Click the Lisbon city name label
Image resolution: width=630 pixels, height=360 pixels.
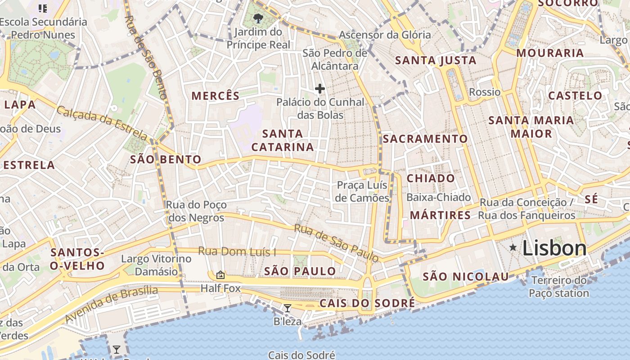tap(554, 248)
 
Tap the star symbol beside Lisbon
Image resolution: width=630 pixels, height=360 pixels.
tap(513, 247)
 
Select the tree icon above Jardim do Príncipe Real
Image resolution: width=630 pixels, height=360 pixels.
tap(258, 18)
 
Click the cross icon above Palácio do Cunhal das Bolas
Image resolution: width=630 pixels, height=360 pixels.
tap(320, 89)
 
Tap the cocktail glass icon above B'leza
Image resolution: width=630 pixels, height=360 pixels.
tap(288, 308)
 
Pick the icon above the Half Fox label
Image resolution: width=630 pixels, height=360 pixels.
tap(220, 274)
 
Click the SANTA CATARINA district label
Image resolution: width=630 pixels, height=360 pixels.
tap(283, 140)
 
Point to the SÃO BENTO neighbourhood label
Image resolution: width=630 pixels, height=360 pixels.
tap(166, 159)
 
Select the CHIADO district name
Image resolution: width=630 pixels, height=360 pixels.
tap(431, 178)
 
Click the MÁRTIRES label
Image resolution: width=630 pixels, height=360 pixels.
tap(440, 215)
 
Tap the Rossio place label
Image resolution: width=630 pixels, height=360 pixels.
tap(485, 92)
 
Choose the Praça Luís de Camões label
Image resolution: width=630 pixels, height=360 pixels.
tap(363, 192)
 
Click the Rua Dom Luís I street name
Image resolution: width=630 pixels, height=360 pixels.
tap(237, 252)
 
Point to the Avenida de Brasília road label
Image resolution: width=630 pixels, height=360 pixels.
tap(112, 305)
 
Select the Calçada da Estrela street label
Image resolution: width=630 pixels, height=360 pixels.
tap(102, 123)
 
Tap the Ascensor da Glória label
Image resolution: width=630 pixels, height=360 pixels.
tap(385, 35)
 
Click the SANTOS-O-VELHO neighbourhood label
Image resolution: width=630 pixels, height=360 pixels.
tap(77, 259)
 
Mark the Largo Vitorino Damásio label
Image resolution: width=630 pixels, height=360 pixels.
tap(157, 265)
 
